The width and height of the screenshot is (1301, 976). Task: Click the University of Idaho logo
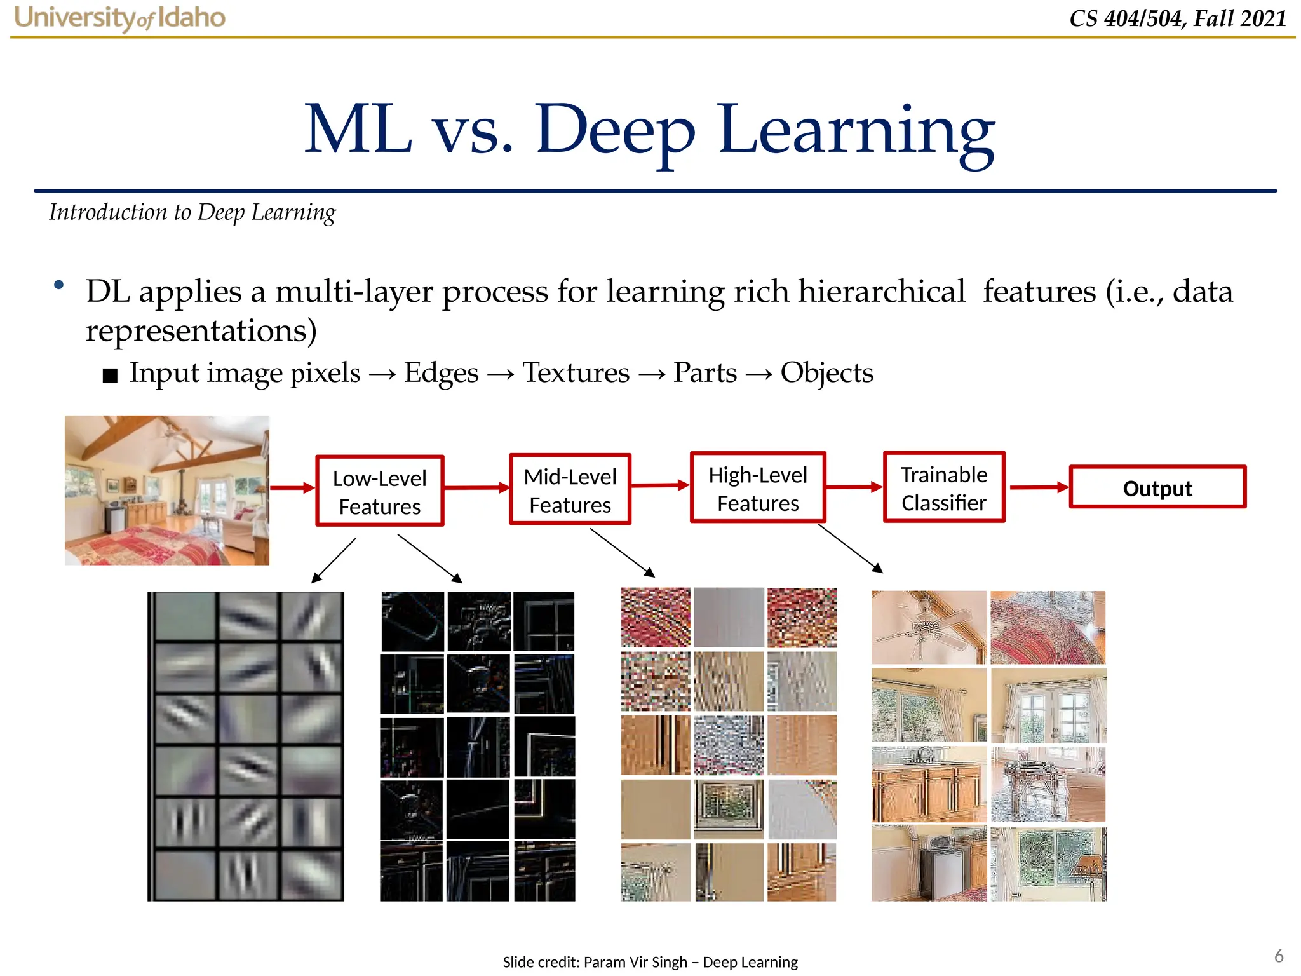(119, 18)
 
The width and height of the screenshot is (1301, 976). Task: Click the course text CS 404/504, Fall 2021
(1178, 18)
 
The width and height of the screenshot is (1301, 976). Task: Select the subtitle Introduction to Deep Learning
(192, 212)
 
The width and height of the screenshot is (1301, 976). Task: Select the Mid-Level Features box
(570, 489)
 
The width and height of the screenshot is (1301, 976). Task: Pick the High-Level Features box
(757, 488)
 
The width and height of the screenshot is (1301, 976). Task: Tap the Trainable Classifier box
(943, 487)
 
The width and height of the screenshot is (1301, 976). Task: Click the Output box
(1157, 487)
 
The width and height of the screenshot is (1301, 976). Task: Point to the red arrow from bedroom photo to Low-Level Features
(292, 488)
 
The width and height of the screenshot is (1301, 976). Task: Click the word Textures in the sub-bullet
(576, 372)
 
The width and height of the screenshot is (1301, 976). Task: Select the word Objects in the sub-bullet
(826, 372)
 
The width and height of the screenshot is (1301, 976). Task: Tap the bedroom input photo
(167, 490)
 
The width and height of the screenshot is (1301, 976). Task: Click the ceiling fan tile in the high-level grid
(928, 627)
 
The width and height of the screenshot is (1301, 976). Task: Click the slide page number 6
(1279, 956)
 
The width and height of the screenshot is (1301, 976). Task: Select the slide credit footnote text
(650, 962)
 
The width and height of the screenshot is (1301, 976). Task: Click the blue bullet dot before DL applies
(59, 285)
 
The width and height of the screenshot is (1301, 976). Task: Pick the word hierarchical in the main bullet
(881, 292)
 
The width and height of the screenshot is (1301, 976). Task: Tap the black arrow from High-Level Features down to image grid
(850, 548)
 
